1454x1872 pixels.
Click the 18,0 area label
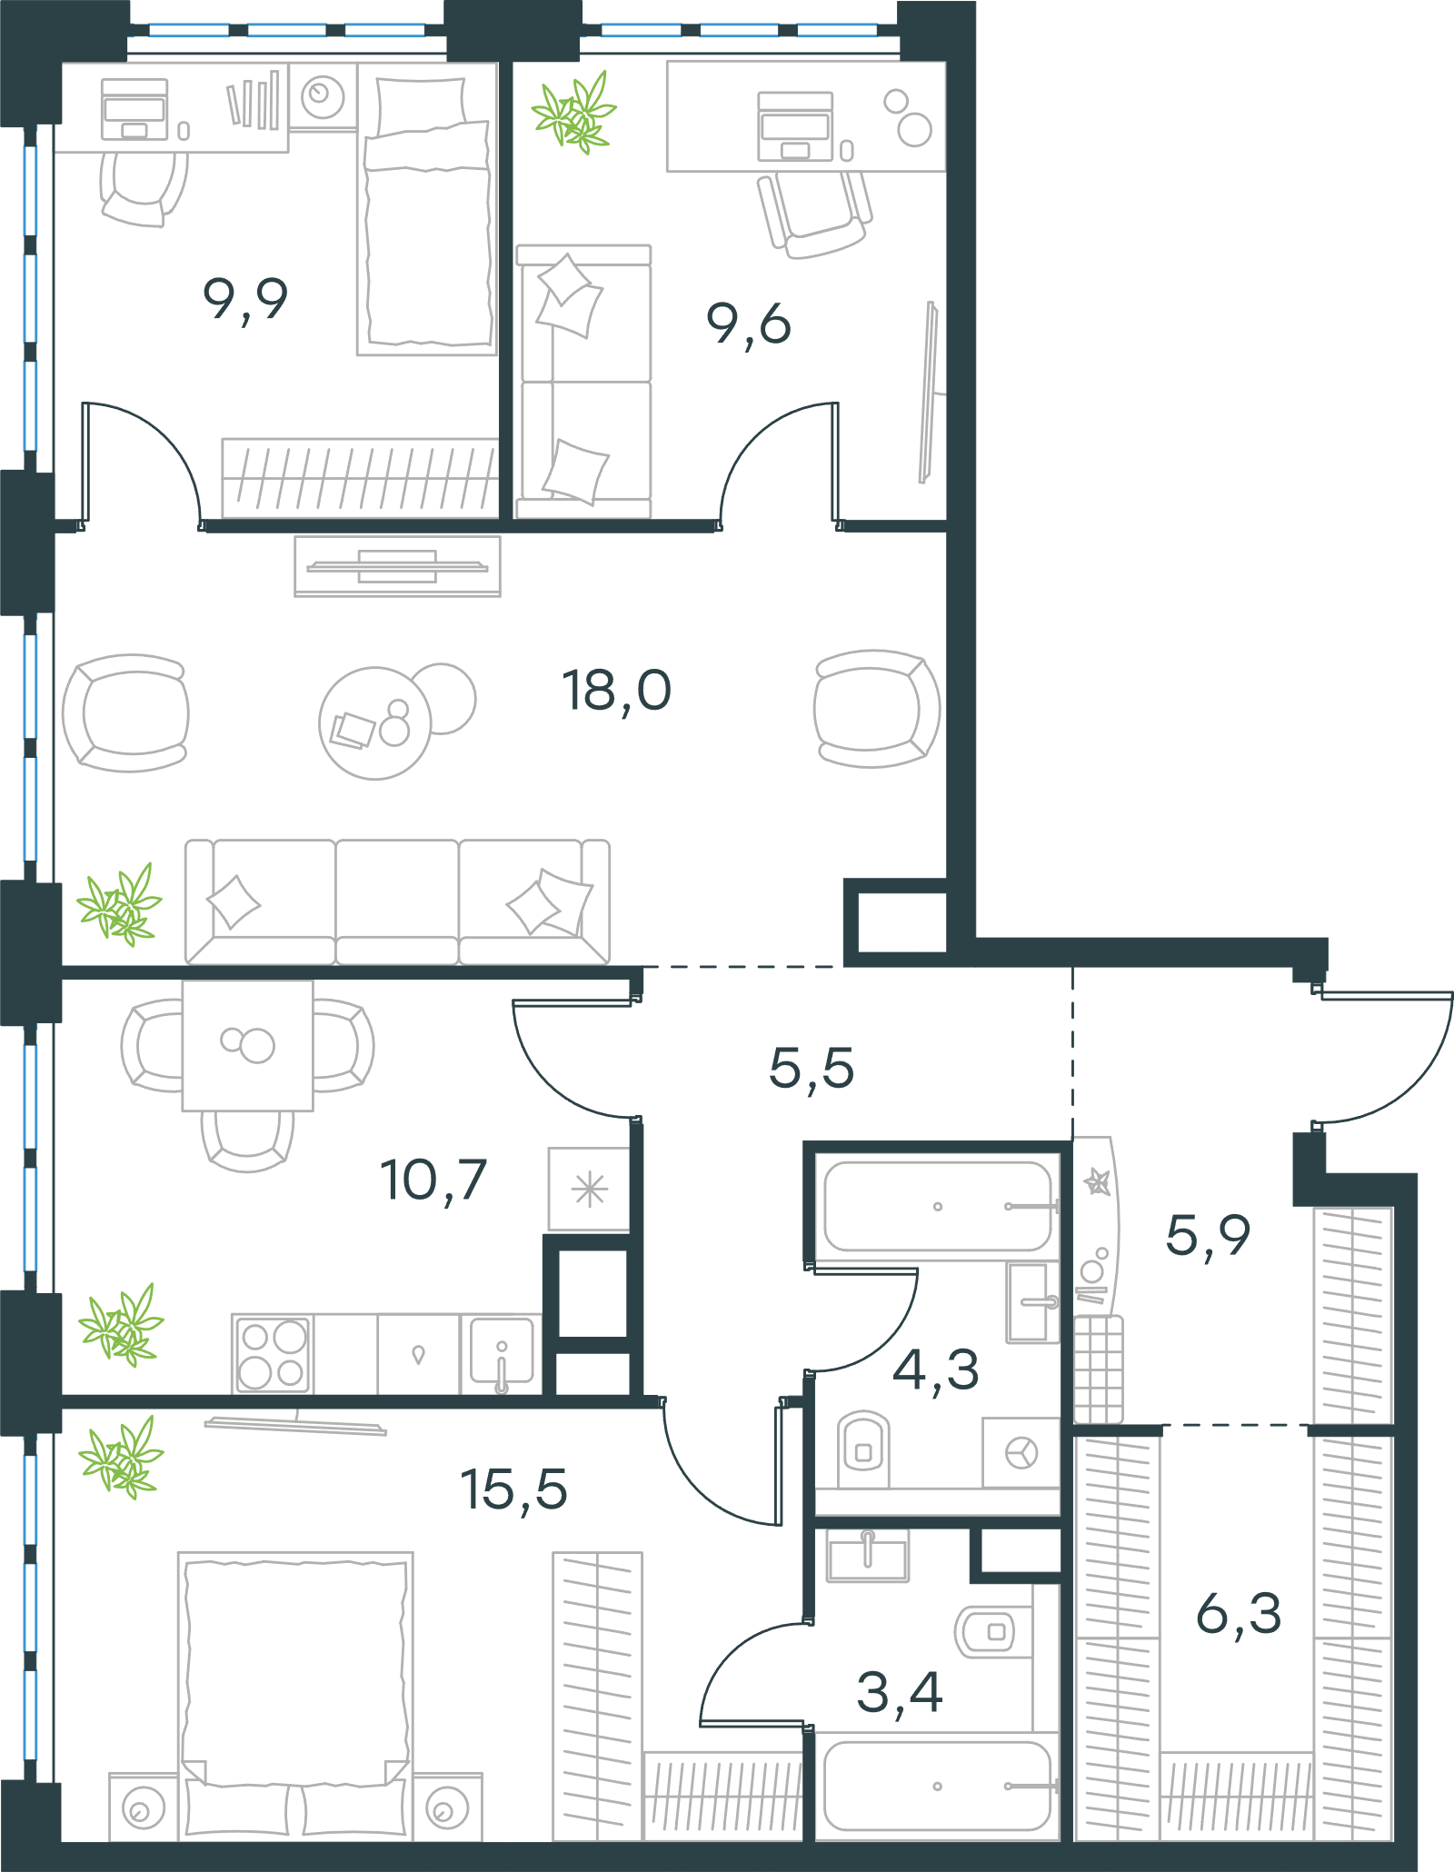(x=616, y=692)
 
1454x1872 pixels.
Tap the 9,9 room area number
(x=245, y=300)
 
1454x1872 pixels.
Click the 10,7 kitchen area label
(x=433, y=1180)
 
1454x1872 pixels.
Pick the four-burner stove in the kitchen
(x=273, y=1354)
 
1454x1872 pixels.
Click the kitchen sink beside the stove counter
(x=501, y=1355)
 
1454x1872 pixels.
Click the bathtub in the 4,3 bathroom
(x=938, y=1207)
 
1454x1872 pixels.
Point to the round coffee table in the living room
(x=374, y=723)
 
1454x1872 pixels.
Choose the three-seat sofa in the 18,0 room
(x=397, y=901)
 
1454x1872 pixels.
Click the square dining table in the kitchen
(x=248, y=1045)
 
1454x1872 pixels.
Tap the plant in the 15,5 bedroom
(x=121, y=1457)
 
